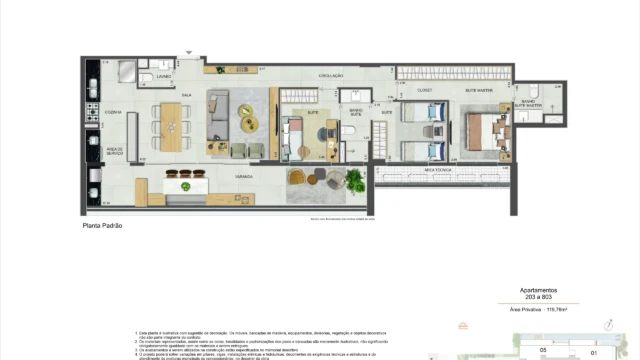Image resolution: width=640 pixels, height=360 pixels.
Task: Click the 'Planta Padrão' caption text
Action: tap(102, 226)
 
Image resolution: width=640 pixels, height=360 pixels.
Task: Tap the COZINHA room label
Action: tap(113, 112)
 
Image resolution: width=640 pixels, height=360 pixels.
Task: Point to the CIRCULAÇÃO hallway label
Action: tap(331, 76)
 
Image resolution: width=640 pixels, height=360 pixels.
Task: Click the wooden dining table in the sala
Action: tap(172, 121)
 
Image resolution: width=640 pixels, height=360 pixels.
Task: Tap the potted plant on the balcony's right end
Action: tap(353, 181)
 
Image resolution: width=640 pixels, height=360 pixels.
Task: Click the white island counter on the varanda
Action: tap(186, 187)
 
